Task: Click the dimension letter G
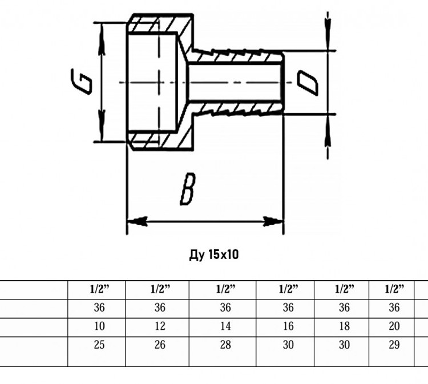(81, 82)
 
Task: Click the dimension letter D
(308, 83)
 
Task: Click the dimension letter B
(188, 189)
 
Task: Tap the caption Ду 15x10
(214, 255)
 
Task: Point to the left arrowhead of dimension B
(138, 221)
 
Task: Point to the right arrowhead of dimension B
(273, 221)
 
